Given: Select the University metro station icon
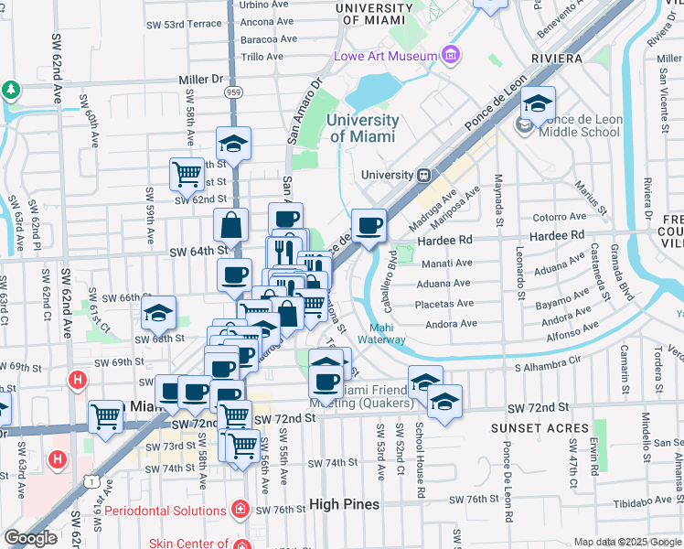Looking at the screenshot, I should [x=424, y=175].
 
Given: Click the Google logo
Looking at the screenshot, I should [x=30, y=538].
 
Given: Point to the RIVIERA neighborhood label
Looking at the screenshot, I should [x=554, y=59].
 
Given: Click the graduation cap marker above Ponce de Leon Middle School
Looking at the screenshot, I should [x=539, y=102].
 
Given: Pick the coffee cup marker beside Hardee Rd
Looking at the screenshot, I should [x=369, y=225].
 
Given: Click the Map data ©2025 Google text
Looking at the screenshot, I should [x=626, y=542].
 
